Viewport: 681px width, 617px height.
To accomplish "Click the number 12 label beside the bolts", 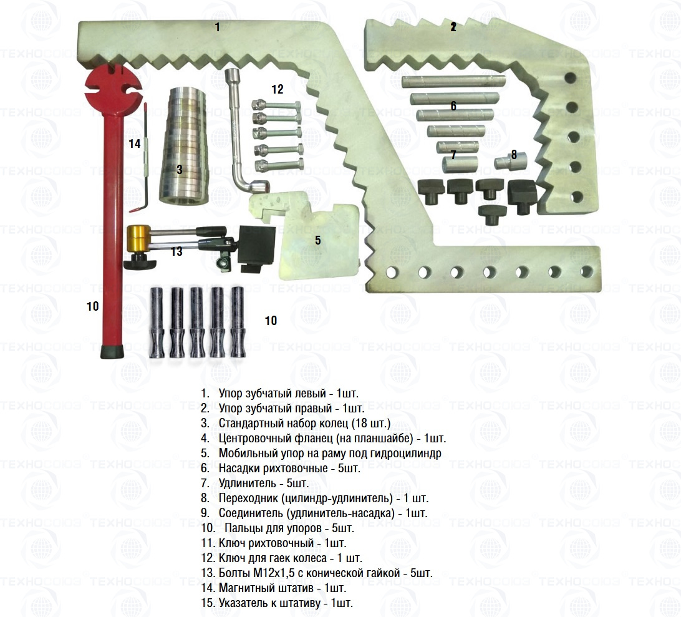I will coord(278,89).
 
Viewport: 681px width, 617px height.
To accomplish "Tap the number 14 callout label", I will coord(135,143).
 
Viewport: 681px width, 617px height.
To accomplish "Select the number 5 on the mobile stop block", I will coord(317,240).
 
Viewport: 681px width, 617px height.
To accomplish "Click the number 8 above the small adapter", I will coord(514,155).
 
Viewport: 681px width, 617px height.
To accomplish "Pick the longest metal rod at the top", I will coord(452,82).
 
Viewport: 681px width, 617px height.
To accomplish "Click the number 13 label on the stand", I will coord(176,251).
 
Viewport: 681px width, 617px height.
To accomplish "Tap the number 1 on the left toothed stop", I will coord(217,27).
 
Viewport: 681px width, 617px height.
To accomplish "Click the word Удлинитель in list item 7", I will coord(245,483).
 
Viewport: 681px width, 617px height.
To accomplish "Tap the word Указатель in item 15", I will coord(244,603).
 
